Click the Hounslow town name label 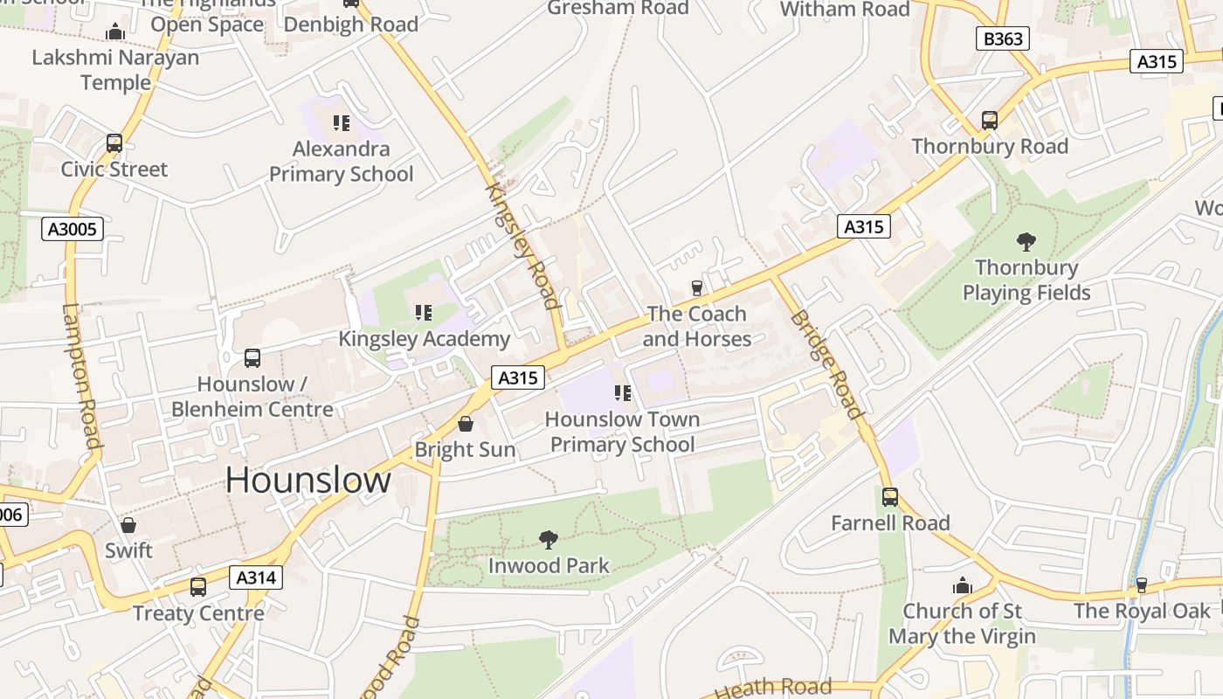point(308,481)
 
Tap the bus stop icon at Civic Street point(114,143)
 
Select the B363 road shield point(1002,38)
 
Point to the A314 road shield point(256,577)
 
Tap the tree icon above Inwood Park point(549,540)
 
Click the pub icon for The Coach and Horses point(697,287)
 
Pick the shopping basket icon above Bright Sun point(466,424)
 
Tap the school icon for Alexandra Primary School point(341,123)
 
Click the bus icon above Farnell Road point(889,497)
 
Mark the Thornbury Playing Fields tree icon point(1026,242)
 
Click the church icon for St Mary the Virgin point(962,585)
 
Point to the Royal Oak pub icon point(1141,585)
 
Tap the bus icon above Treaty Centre point(198,587)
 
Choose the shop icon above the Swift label point(128,525)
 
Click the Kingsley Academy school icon point(424,313)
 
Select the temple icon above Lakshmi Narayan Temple point(115,32)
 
